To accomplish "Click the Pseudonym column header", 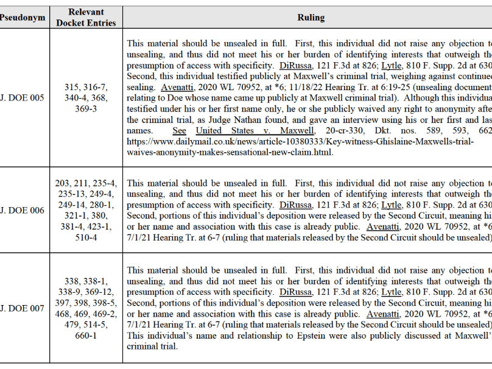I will click(x=23, y=18).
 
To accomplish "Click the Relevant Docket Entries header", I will click(x=86, y=18).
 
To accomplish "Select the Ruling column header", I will click(x=311, y=18).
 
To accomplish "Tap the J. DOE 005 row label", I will click(x=23, y=97).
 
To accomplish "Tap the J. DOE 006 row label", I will click(x=23, y=210).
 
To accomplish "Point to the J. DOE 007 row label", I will click(x=23, y=308).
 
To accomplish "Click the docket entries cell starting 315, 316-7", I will click(x=86, y=97).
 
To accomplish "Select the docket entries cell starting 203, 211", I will click(x=86, y=210).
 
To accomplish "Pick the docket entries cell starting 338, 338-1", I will click(x=86, y=308).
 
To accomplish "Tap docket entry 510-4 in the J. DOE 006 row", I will click(x=86, y=237).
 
